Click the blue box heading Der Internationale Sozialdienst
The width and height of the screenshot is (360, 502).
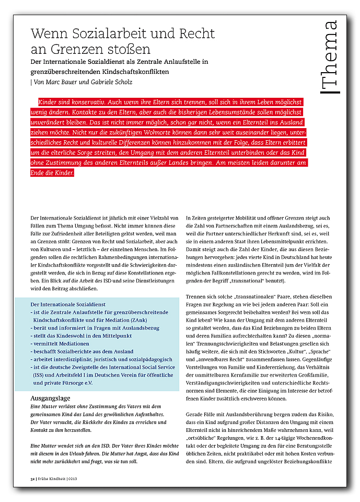click(x=68, y=304)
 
